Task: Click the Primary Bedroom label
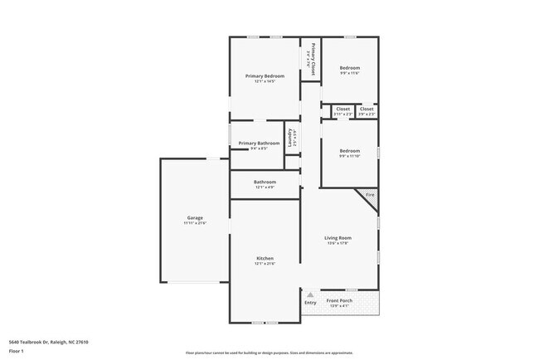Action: pyautogui.click(x=265, y=75)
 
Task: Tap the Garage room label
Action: pyautogui.click(x=195, y=217)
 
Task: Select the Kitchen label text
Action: pyautogui.click(x=265, y=258)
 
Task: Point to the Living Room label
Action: pyautogui.click(x=337, y=238)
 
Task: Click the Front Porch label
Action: pyautogui.click(x=340, y=300)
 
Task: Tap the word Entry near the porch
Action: pyautogui.click(x=310, y=303)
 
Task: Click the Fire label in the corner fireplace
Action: pyautogui.click(x=371, y=195)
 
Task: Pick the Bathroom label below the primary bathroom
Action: pyautogui.click(x=265, y=182)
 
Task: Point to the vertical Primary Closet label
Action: pyautogui.click(x=313, y=60)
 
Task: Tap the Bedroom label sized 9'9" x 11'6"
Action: pyautogui.click(x=350, y=68)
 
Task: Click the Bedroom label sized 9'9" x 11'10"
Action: pyautogui.click(x=349, y=150)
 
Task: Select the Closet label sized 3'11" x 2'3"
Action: pyautogui.click(x=343, y=109)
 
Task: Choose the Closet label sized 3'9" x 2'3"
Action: pyautogui.click(x=367, y=109)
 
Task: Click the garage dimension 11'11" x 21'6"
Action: pyautogui.click(x=195, y=223)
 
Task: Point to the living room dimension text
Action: pyautogui.click(x=337, y=244)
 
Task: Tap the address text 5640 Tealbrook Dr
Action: pyautogui.click(x=49, y=342)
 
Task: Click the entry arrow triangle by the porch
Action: pyautogui.click(x=310, y=294)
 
